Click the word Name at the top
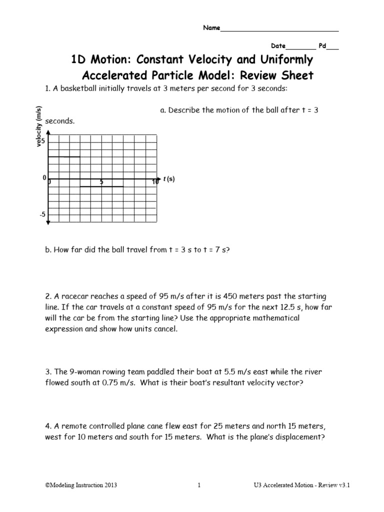(x=211, y=28)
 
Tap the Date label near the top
(x=278, y=45)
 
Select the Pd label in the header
(x=322, y=45)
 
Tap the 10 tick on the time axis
(x=155, y=182)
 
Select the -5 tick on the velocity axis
(x=42, y=214)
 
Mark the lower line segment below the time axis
(x=101, y=186)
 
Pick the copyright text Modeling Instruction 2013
(x=81, y=485)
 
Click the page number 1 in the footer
(x=198, y=485)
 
